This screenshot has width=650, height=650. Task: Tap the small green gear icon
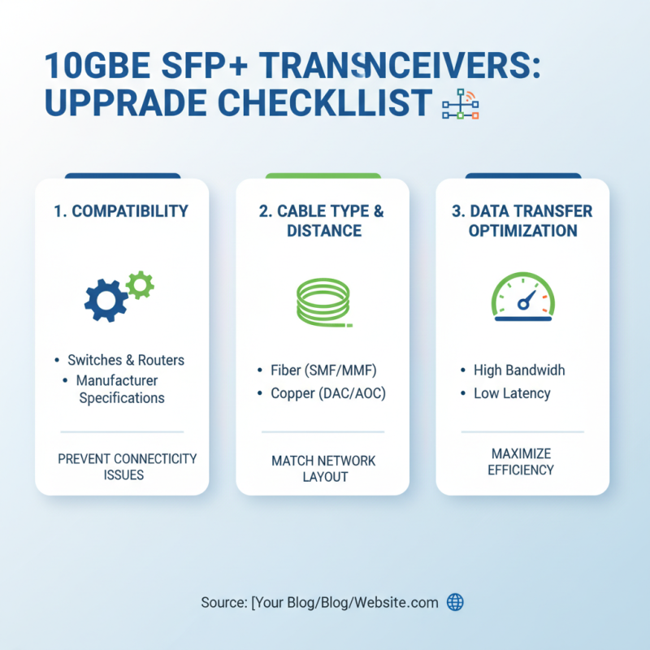pyautogui.click(x=141, y=284)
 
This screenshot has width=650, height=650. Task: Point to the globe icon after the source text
pyautogui.click(x=456, y=602)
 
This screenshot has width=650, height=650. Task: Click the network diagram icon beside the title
pyautogui.click(x=461, y=105)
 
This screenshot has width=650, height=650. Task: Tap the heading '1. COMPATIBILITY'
pyautogui.click(x=121, y=211)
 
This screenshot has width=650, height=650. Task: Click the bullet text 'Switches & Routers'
pyautogui.click(x=126, y=360)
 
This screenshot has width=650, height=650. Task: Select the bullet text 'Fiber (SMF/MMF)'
pyautogui.click(x=323, y=370)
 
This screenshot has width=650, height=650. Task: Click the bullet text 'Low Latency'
pyautogui.click(x=512, y=393)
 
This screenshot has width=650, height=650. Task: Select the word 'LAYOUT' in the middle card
pyautogui.click(x=323, y=477)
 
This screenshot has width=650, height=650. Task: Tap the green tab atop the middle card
pyautogui.click(x=323, y=175)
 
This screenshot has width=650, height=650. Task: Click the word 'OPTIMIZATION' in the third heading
pyautogui.click(x=522, y=231)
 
